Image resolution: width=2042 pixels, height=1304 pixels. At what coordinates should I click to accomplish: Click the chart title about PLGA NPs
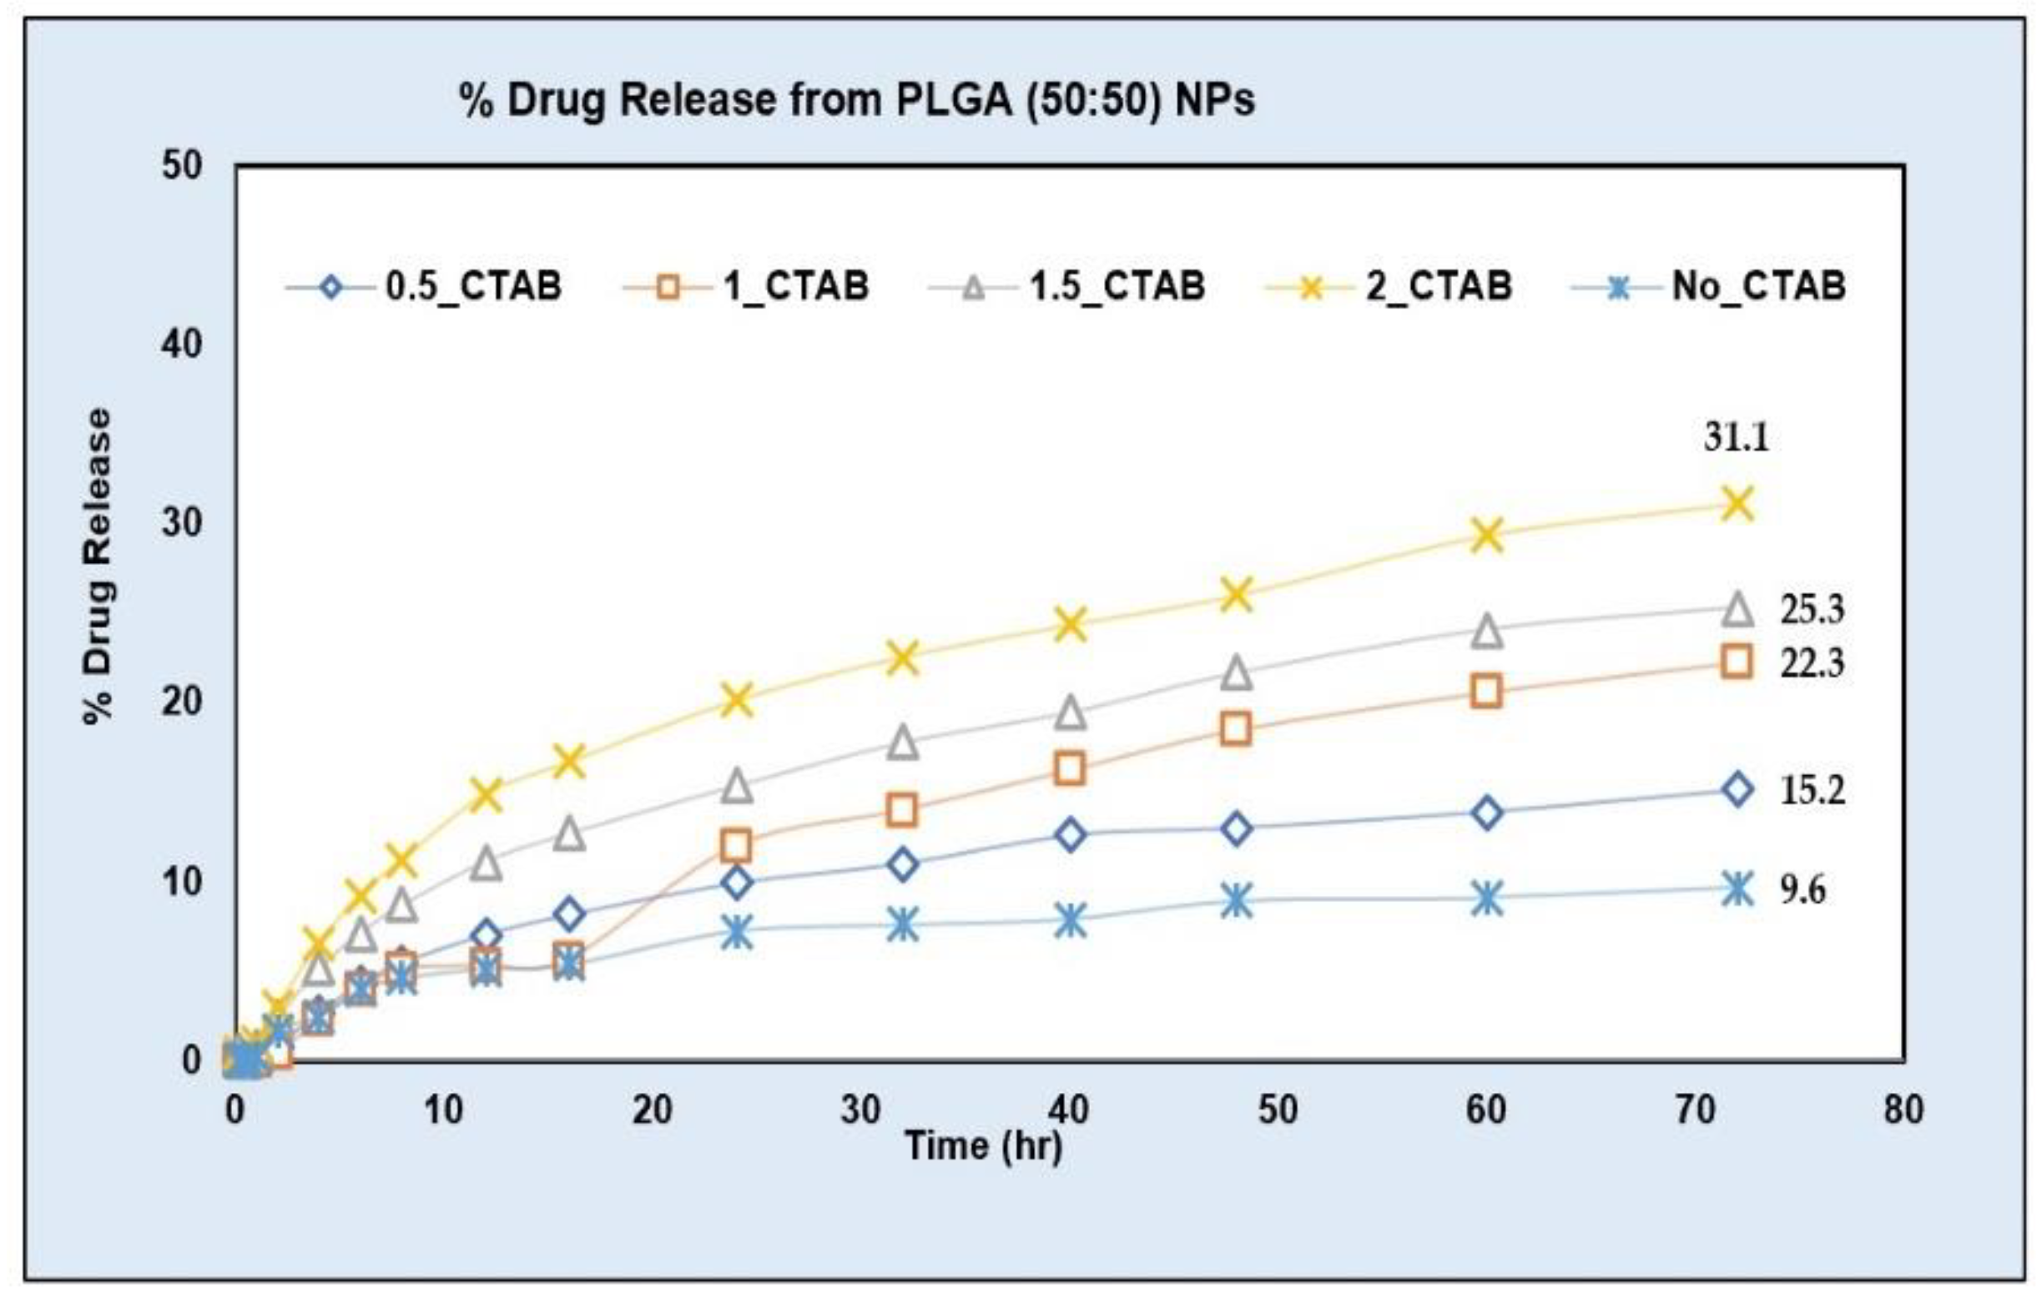click(856, 100)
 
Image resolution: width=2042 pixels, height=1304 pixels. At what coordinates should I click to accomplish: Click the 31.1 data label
click(1736, 437)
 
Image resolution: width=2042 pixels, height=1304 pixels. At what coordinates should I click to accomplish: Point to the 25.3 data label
click(1812, 610)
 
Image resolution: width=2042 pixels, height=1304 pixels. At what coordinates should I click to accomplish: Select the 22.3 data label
click(1812, 663)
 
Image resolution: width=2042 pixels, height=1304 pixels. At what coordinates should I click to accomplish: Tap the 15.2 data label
click(1812, 790)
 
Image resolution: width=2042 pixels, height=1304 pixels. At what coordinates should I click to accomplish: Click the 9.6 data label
click(1802, 889)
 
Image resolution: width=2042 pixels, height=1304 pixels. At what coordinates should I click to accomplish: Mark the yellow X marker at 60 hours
click(1486, 535)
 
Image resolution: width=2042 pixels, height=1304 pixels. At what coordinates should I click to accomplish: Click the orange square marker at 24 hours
click(735, 845)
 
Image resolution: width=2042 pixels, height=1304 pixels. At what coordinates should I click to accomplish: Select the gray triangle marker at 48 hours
click(1237, 672)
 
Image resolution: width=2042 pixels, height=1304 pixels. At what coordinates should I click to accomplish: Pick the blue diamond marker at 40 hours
click(1070, 834)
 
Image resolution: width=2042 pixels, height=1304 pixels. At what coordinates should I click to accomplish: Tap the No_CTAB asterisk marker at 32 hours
click(903, 924)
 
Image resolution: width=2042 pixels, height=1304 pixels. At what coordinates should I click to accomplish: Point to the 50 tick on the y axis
click(181, 166)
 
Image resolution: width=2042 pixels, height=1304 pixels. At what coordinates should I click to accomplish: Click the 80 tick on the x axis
click(1903, 1109)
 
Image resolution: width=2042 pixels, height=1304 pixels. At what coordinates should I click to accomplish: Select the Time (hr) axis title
click(984, 1146)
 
